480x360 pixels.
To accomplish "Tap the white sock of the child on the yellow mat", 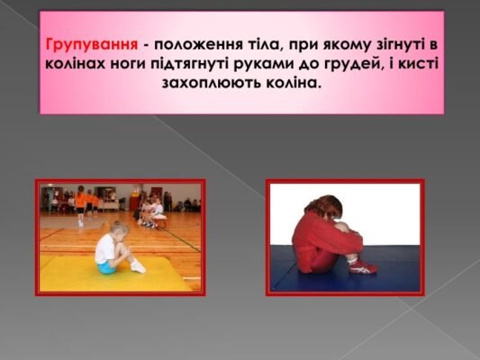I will [137, 265].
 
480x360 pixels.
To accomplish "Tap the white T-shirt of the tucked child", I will [105, 247].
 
